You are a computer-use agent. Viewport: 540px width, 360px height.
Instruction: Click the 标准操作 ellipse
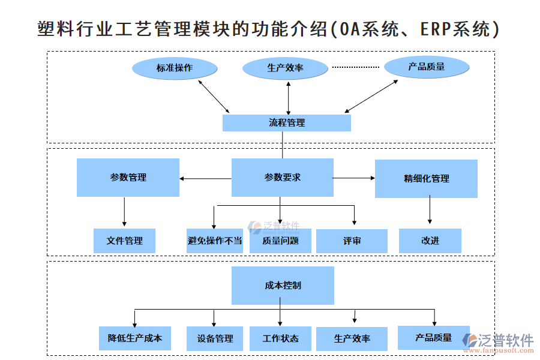point(175,68)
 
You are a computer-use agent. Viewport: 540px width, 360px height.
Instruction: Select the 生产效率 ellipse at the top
point(285,68)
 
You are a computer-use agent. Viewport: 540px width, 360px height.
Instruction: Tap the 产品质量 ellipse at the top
point(426,67)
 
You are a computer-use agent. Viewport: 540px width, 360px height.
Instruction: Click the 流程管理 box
point(286,123)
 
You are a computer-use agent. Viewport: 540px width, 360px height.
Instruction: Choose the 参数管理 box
point(128,178)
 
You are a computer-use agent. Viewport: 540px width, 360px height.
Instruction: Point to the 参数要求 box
point(282,178)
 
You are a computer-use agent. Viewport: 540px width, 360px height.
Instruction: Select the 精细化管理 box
point(426,179)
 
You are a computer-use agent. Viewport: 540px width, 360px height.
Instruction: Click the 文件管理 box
point(124,241)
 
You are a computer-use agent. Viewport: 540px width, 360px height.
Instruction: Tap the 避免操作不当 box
point(215,241)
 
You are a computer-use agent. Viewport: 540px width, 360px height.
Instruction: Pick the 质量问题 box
point(280,241)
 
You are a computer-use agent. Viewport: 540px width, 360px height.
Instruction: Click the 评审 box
point(352,241)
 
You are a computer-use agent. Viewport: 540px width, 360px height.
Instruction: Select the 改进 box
point(430,241)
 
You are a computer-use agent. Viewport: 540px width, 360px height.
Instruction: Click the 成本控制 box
point(283,286)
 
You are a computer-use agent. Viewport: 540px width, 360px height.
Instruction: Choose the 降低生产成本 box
point(135,338)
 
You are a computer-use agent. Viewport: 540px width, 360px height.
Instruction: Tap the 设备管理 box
point(215,338)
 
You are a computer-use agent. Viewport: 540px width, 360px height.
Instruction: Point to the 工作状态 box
point(280,338)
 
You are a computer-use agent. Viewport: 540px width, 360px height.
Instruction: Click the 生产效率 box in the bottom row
point(352,338)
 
